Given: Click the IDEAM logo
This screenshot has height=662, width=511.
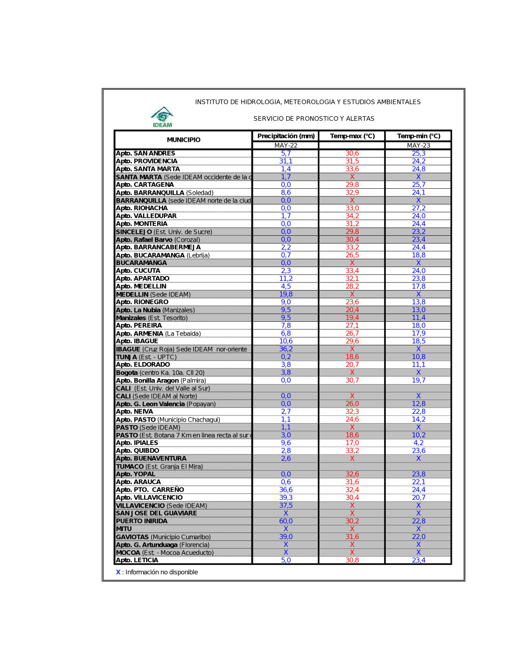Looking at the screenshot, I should coord(162,117).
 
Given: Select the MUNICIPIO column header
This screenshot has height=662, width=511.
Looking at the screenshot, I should coord(183,140).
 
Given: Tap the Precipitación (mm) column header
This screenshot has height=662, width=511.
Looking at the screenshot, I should coord(286,136).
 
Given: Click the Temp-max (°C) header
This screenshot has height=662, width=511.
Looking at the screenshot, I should coord(352,136).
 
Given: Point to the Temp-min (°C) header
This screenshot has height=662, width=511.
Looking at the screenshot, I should coord(419,136).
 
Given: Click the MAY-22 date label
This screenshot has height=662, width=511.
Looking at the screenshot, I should coord(286,145).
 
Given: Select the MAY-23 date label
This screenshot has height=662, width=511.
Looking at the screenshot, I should coord(419,145).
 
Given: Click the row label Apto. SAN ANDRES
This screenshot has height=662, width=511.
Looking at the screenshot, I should coord(146,153).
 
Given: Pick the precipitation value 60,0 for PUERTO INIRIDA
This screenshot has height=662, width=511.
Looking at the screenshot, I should coord(286,521).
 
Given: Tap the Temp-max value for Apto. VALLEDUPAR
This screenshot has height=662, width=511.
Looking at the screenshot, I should coord(352,216).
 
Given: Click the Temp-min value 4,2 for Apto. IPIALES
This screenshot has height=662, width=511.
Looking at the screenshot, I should coord(419,443).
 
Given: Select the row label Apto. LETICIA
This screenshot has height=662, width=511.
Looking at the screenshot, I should coord(137,560).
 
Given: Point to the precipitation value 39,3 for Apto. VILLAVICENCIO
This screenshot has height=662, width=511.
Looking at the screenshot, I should coord(286,498).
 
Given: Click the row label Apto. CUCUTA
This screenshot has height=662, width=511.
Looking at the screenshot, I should coord(138,271).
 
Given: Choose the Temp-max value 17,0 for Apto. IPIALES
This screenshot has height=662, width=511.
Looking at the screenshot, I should coord(352,443).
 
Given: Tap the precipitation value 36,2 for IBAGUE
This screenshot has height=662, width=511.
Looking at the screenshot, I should coord(286,349).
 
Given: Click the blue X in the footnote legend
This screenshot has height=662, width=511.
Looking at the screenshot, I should coord(118,572).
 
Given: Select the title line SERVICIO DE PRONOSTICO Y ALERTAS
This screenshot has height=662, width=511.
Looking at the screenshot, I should coord(314,119).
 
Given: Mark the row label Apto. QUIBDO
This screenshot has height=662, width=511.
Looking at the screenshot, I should coord(137,451).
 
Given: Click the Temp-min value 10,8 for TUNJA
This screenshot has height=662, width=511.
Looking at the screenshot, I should coord(419,357).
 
